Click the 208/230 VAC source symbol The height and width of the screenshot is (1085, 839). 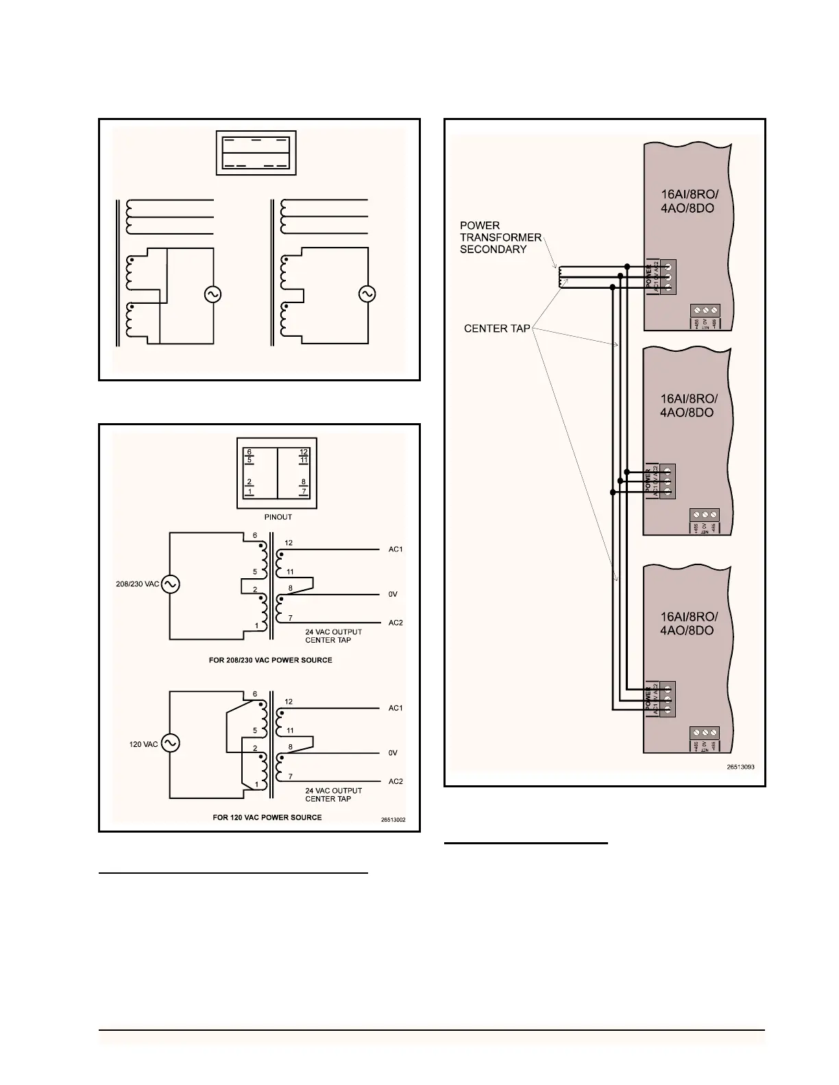(x=169, y=584)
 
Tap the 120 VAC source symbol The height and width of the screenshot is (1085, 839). (x=169, y=743)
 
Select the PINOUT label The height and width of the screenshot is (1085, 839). (x=278, y=517)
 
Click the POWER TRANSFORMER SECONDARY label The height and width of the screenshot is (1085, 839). (x=500, y=237)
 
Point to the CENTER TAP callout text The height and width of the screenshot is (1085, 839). (x=497, y=329)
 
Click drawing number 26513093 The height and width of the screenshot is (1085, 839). (x=740, y=767)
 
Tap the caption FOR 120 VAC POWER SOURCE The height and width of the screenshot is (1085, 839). (x=267, y=818)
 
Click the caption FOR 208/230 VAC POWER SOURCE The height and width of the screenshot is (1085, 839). (x=271, y=660)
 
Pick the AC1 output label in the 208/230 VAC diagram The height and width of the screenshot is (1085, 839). (x=396, y=549)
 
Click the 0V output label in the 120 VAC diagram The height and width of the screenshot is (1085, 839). (x=393, y=753)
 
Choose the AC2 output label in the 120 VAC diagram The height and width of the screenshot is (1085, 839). (x=396, y=781)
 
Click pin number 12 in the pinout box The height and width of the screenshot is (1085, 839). (x=303, y=451)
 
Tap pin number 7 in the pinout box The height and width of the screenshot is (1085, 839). (x=303, y=492)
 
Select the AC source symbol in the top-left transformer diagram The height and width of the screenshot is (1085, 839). (x=212, y=294)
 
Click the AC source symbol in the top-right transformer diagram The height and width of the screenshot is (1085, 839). (x=367, y=294)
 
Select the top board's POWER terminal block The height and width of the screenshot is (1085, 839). (x=667, y=276)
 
